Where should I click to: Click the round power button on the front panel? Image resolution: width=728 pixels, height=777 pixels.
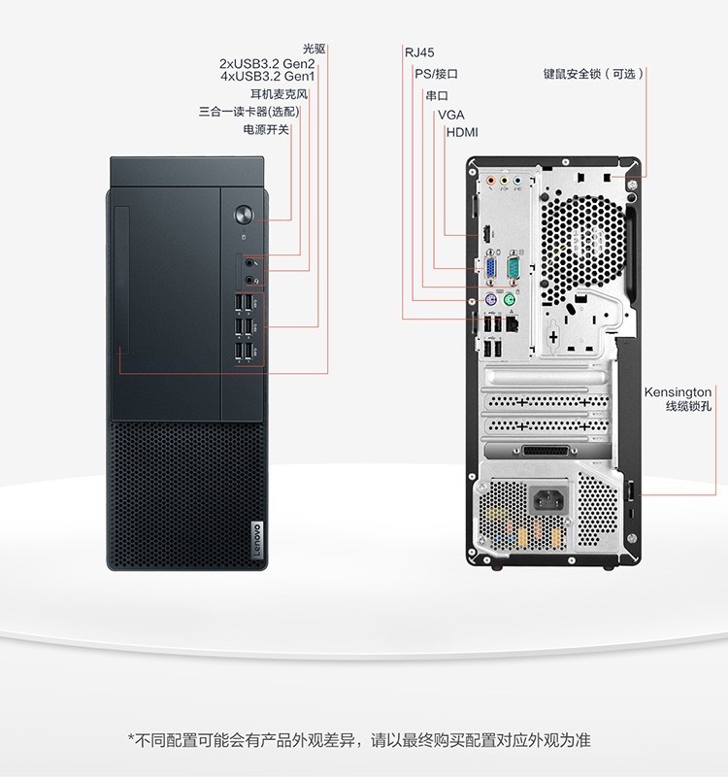(244, 215)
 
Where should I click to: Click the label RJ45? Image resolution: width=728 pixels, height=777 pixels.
(419, 52)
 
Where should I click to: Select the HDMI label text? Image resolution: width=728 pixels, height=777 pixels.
(462, 132)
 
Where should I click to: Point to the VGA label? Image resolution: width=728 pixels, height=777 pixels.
(450, 115)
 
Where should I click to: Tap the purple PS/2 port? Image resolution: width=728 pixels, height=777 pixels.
(489, 300)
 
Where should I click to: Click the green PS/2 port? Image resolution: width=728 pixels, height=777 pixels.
(510, 300)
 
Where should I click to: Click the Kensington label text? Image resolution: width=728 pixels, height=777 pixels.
(678, 392)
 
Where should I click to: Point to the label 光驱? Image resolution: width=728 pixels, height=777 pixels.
(314, 49)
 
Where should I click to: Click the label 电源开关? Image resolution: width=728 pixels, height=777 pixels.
(266, 129)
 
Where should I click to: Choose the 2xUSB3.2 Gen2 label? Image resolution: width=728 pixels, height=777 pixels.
(267, 64)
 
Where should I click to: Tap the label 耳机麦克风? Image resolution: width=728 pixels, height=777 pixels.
(279, 94)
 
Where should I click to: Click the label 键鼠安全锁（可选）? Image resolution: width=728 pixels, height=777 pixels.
(593, 74)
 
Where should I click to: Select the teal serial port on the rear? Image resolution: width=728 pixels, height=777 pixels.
(513, 266)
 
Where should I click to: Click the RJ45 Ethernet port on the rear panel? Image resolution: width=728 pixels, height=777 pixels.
(512, 323)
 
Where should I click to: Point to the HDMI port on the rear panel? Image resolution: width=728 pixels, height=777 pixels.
(487, 233)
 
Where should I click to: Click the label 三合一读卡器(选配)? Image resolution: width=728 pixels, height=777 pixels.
(249, 112)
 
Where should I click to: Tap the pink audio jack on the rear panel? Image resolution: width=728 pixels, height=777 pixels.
(491, 181)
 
